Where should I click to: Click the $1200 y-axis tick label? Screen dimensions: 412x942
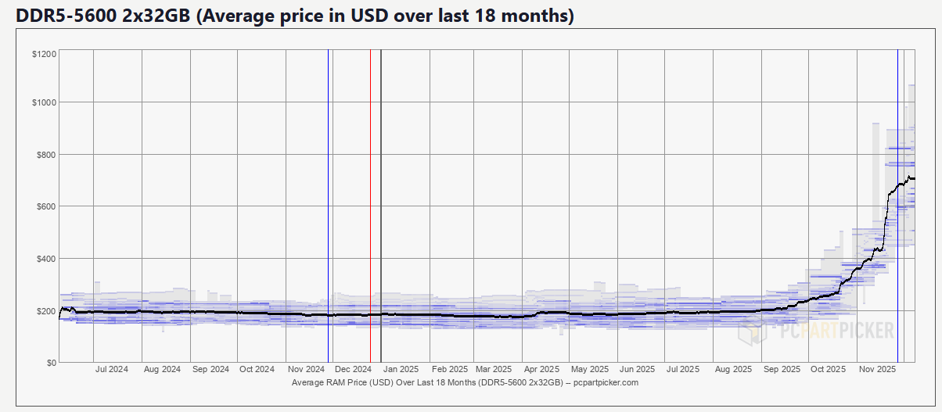[x=43, y=54]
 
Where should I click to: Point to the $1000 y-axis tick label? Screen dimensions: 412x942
[x=43, y=102]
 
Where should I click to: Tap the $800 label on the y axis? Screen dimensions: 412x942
[x=45, y=155]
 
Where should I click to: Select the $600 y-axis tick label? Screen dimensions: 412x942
[x=45, y=206]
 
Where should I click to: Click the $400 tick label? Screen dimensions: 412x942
[x=45, y=259]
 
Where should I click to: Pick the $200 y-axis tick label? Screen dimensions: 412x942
[x=45, y=311]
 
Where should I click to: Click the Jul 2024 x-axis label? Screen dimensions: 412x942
[x=112, y=369]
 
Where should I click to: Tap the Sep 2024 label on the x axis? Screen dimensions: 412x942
[x=210, y=369]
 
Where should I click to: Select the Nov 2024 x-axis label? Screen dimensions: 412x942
[x=307, y=369]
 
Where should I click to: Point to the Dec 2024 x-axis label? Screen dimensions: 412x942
[x=353, y=369]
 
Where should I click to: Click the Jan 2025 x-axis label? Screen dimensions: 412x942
[x=402, y=369]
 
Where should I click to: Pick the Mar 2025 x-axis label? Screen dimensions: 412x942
[x=494, y=369]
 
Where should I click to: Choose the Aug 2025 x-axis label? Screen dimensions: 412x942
[x=733, y=369]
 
